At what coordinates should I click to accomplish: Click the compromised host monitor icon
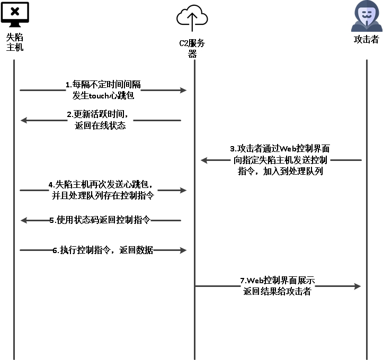tap(15, 14)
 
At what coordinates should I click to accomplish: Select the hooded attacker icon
tap(367, 16)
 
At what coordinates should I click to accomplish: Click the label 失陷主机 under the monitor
tap(15, 42)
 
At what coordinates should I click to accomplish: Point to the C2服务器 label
tap(192, 48)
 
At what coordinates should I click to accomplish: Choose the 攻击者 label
tap(367, 39)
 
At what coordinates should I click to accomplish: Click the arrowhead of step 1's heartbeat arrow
tap(183, 91)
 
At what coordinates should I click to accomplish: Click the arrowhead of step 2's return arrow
tap(24, 120)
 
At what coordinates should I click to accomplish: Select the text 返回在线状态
tap(100, 125)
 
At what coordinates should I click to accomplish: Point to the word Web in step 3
tap(288, 148)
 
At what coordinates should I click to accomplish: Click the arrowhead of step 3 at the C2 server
tap(204, 160)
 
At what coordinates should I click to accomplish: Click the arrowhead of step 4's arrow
tap(183, 191)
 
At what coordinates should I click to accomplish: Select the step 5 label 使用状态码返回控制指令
tap(103, 220)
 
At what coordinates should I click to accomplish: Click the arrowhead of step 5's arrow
tap(24, 220)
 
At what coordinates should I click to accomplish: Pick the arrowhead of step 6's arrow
tap(183, 250)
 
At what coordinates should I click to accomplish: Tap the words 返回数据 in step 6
tap(136, 250)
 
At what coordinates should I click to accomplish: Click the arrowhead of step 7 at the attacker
tap(358, 286)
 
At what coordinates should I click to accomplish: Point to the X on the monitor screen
tap(15, 11)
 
